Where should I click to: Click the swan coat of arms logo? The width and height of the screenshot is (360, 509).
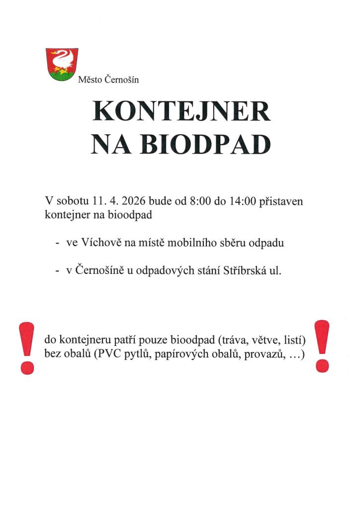coord(62,65)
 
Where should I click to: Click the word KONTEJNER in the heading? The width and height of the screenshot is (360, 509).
coord(181,113)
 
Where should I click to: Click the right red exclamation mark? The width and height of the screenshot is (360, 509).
coord(322,346)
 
